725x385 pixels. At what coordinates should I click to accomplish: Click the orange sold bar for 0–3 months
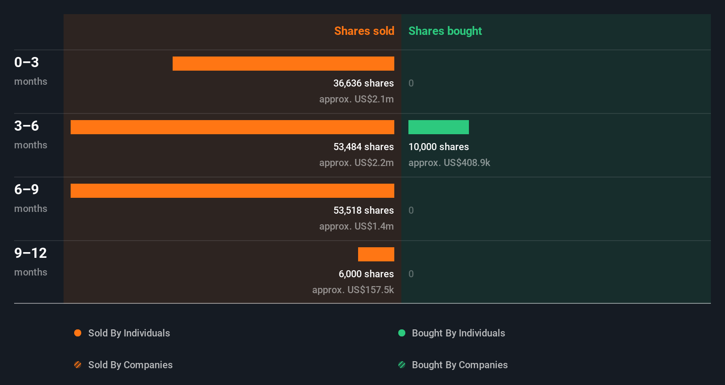click(x=283, y=64)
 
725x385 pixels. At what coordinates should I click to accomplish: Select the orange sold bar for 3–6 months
click(x=232, y=127)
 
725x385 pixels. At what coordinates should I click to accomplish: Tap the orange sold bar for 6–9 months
click(x=232, y=191)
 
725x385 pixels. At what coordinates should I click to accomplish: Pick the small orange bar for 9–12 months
click(x=376, y=254)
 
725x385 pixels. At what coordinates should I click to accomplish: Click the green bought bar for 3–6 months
click(x=438, y=127)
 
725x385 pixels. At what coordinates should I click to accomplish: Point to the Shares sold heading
click(x=364, y=31)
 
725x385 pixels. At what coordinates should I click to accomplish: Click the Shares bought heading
click(x=445, y=31)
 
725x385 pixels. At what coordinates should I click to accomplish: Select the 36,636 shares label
click(x=363, y=83)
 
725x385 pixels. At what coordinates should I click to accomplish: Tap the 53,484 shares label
click(x=363, y=147)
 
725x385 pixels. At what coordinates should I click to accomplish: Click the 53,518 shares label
click(x=363, y=210)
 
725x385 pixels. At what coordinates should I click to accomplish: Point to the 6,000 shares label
click(x=366, y=274)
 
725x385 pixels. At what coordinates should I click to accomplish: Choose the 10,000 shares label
click(x=438, y=147)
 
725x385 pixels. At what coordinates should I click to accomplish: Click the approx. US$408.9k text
click(x=449, y=162)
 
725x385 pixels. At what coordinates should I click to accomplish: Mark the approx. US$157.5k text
click(x=353, y=290)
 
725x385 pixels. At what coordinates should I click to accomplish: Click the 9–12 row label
click(x=30, y=253)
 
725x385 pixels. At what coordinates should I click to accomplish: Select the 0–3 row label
click(x=26, y=62)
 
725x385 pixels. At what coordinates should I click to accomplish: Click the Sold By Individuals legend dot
click(x=78, y=333)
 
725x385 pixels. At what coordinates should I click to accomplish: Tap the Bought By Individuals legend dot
click(x=402, y=333)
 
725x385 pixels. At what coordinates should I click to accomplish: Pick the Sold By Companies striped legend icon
click(x=78, y=365)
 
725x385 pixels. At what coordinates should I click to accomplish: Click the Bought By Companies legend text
click(x=460, y=365)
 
